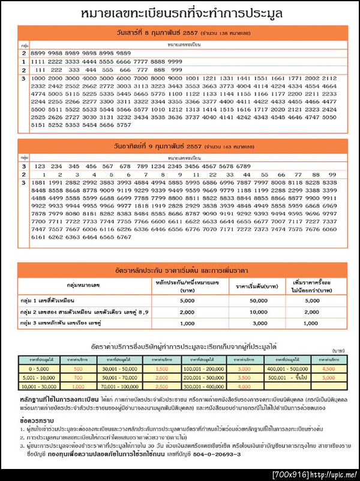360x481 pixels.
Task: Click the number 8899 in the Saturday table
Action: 37,53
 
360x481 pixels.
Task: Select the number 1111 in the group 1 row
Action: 37,61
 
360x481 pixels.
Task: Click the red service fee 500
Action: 78,368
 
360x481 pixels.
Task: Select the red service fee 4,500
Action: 328,368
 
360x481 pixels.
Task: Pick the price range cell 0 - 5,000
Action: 39,368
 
